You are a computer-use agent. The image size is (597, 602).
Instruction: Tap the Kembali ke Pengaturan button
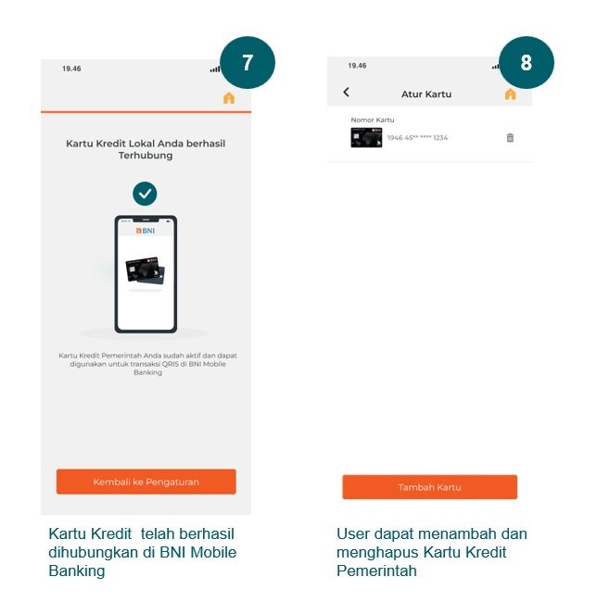coord(146,482)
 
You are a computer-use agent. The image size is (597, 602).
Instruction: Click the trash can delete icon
coord(510,137)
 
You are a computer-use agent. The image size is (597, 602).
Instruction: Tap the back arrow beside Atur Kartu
coord(346,92)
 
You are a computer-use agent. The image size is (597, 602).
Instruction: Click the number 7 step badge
coord(248,63)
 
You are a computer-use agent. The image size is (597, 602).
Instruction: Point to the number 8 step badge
coord(527,63)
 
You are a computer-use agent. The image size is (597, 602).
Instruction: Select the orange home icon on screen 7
coord(229,98)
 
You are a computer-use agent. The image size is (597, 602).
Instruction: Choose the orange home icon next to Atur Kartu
coord(510,94)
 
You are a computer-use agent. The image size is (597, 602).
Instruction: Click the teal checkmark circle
coord(145,194)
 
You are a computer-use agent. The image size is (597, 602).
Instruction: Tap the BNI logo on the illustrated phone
coord(146,231)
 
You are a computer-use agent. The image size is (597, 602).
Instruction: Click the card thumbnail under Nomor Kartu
coord(366,137)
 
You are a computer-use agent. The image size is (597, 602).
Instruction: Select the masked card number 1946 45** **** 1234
coord(417,138)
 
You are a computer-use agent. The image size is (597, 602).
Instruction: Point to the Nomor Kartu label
coord(373,119)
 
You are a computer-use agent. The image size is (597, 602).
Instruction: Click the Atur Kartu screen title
coord(426,94)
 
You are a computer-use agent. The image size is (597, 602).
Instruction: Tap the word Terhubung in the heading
coord(146,156)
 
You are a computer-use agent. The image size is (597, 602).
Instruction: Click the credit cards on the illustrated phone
coord(146,270)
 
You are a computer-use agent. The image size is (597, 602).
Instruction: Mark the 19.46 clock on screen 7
coord(71,69)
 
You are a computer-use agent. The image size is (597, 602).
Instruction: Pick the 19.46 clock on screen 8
coord(357,66)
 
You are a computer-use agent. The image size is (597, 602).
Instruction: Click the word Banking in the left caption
coord(77,571)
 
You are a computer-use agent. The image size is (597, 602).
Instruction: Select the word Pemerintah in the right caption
coord(376,571)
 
